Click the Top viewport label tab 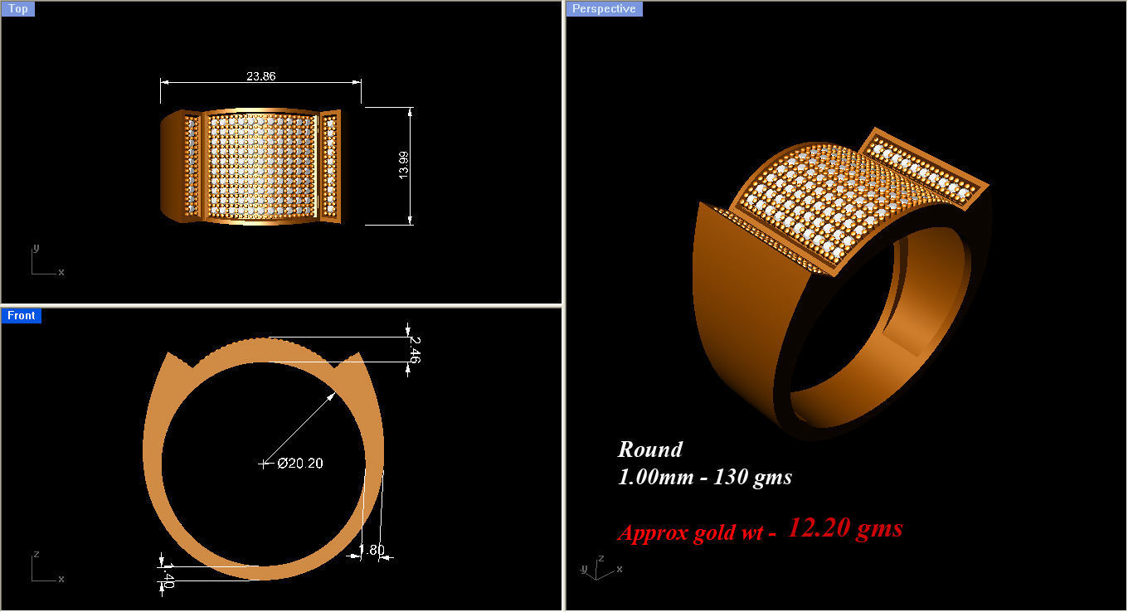[x=17, y=9]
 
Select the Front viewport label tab [x=21, y=315]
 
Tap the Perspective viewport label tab [x=604, y=9]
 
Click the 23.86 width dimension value [x=260, y=75]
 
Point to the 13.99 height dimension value [x=403, y=165]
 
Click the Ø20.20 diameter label [x=300, y=464]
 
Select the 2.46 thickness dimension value [x=415, y=349]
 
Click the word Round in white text [x=649, y=449]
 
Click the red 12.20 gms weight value [x=844, y=527]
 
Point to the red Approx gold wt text [x=697, y=532]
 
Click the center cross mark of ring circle [x=265, y=464]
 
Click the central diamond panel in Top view [x=261, y=166]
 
